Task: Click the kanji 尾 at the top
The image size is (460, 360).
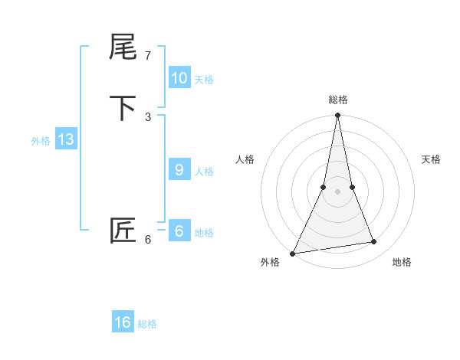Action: tap(123, 48)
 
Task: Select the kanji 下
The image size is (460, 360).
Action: tap(123, 108)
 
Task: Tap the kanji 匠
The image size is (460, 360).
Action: tap(123, 231)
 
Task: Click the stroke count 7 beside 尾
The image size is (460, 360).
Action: tap(148, 56)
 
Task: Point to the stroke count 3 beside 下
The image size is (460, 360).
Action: tap(148, 116)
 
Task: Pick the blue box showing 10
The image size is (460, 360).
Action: tap(179, 78)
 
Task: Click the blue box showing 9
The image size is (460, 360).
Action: tap(179, 170)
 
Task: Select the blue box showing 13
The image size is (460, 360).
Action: tap(65, 139)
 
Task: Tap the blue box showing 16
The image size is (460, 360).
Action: tap(123, 322)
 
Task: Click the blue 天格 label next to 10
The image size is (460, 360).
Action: tap(204, 80)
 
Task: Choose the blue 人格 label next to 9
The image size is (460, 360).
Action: tap(204, 172)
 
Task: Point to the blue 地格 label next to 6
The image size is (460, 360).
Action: tap(204, 233)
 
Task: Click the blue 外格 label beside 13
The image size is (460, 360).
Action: tap(41, 141)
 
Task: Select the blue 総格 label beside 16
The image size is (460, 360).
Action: tap(147, 324)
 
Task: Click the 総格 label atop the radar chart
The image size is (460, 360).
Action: tap(338, 100)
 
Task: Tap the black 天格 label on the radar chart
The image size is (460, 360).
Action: tap(431, 159)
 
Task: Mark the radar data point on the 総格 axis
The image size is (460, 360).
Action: tap(338, 116)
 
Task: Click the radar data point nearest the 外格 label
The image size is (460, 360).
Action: tap(293, 253)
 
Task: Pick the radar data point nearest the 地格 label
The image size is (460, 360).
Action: tap(374, 242)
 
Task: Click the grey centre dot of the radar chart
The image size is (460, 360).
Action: tap(338, 191)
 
